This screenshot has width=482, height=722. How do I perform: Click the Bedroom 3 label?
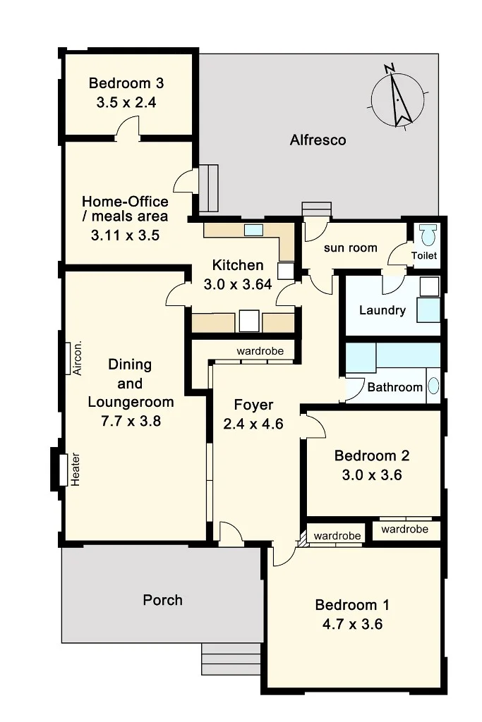(126, 83)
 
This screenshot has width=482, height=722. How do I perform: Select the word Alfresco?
(318, 140)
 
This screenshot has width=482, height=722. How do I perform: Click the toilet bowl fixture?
(428, 235)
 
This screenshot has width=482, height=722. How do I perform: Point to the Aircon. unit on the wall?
(67, 358)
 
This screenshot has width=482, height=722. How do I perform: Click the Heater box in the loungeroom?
(63, 469)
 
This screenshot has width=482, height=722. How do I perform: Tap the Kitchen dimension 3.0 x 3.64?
(238, 285)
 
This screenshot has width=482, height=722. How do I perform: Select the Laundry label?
(382, 310)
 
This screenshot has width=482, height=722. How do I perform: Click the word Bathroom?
(395, 387)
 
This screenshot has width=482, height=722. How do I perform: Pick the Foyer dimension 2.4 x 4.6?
(253, 424)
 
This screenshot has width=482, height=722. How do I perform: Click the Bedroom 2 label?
(372, 456)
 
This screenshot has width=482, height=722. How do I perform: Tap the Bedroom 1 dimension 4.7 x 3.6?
(353, 625)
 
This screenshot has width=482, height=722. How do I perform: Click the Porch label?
(162, 600)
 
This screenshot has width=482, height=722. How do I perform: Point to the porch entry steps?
(231, 659)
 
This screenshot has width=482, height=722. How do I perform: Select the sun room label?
(350, 247)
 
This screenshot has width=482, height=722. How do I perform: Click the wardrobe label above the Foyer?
(260, 351)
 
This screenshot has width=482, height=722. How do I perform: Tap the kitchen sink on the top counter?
(253, 230)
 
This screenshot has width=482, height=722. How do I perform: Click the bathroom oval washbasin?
(433, 386)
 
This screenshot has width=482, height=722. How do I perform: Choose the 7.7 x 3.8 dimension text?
(131, 421)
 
